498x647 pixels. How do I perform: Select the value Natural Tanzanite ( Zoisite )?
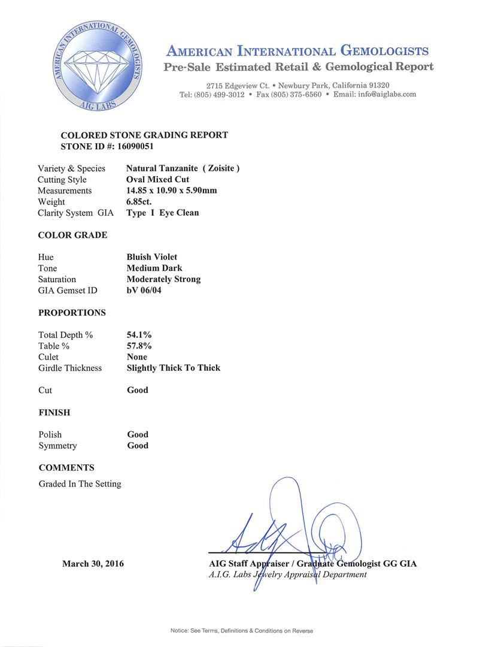click(x=183, y=168)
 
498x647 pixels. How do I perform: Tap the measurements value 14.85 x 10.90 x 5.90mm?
click(x=172, y=191)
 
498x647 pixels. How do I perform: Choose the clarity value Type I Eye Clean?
click(x=163, y=213)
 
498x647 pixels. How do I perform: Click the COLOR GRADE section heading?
click(x=72, y=235)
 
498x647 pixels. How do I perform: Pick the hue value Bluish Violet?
click(x=152, y=257)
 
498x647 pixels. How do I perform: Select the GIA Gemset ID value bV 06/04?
click(x=144, y=291)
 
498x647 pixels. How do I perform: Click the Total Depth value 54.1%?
click(x=139, y=335)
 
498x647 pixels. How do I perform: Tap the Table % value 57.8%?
click(x=139, y=346)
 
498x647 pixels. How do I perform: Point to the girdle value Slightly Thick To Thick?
click(x=174, y=368)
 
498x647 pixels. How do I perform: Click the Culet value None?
click(x=137, y=357)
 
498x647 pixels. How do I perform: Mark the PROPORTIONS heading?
click(x=72, y=313)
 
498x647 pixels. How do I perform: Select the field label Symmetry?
click(x=57, y=446)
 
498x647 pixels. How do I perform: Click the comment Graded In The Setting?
click(x=80, y=483)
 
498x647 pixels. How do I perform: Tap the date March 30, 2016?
click(x=93, y=564)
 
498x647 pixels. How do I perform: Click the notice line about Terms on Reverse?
click(x=241, y=631)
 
